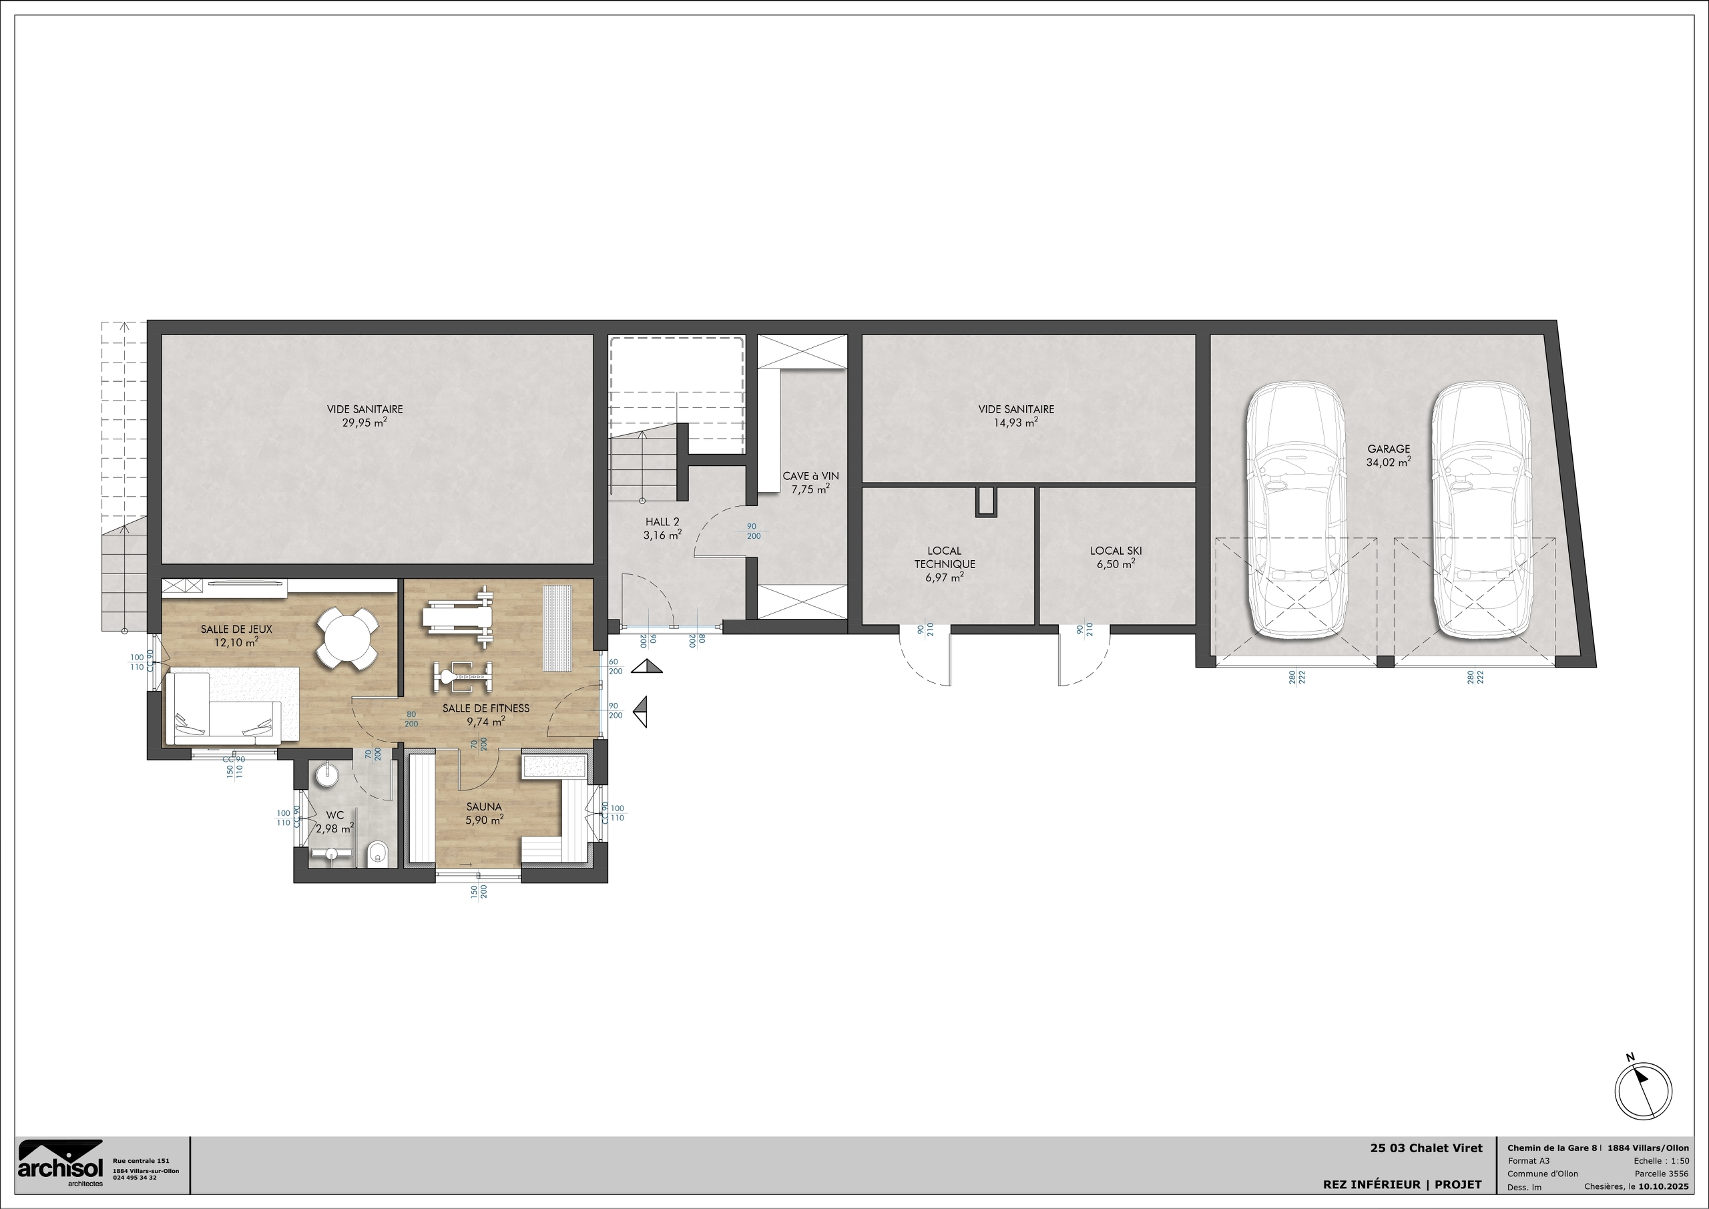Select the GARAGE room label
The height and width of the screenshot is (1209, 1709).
point(1388,449)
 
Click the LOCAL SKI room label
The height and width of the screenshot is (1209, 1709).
point(1116,551)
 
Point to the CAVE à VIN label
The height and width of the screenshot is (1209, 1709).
point(810,476)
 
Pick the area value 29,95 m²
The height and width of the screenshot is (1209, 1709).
point(364,422)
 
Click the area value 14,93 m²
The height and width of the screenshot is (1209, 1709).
point(1016,422)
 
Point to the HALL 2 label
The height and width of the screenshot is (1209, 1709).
point(662,522)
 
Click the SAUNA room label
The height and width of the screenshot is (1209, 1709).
point(484,806)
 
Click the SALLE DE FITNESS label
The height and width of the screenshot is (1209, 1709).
point(485,708)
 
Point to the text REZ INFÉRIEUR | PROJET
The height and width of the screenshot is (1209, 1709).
point(1402,1184)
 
